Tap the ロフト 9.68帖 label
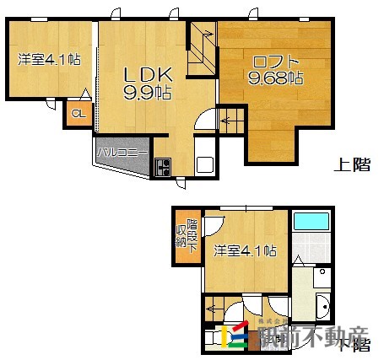274,69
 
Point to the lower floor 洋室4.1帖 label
245,250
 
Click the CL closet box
78,114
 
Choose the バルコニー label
122,153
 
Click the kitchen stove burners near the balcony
162,167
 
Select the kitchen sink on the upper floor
205,164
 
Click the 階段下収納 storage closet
187,236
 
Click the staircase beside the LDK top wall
201,50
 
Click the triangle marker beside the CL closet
85,96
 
